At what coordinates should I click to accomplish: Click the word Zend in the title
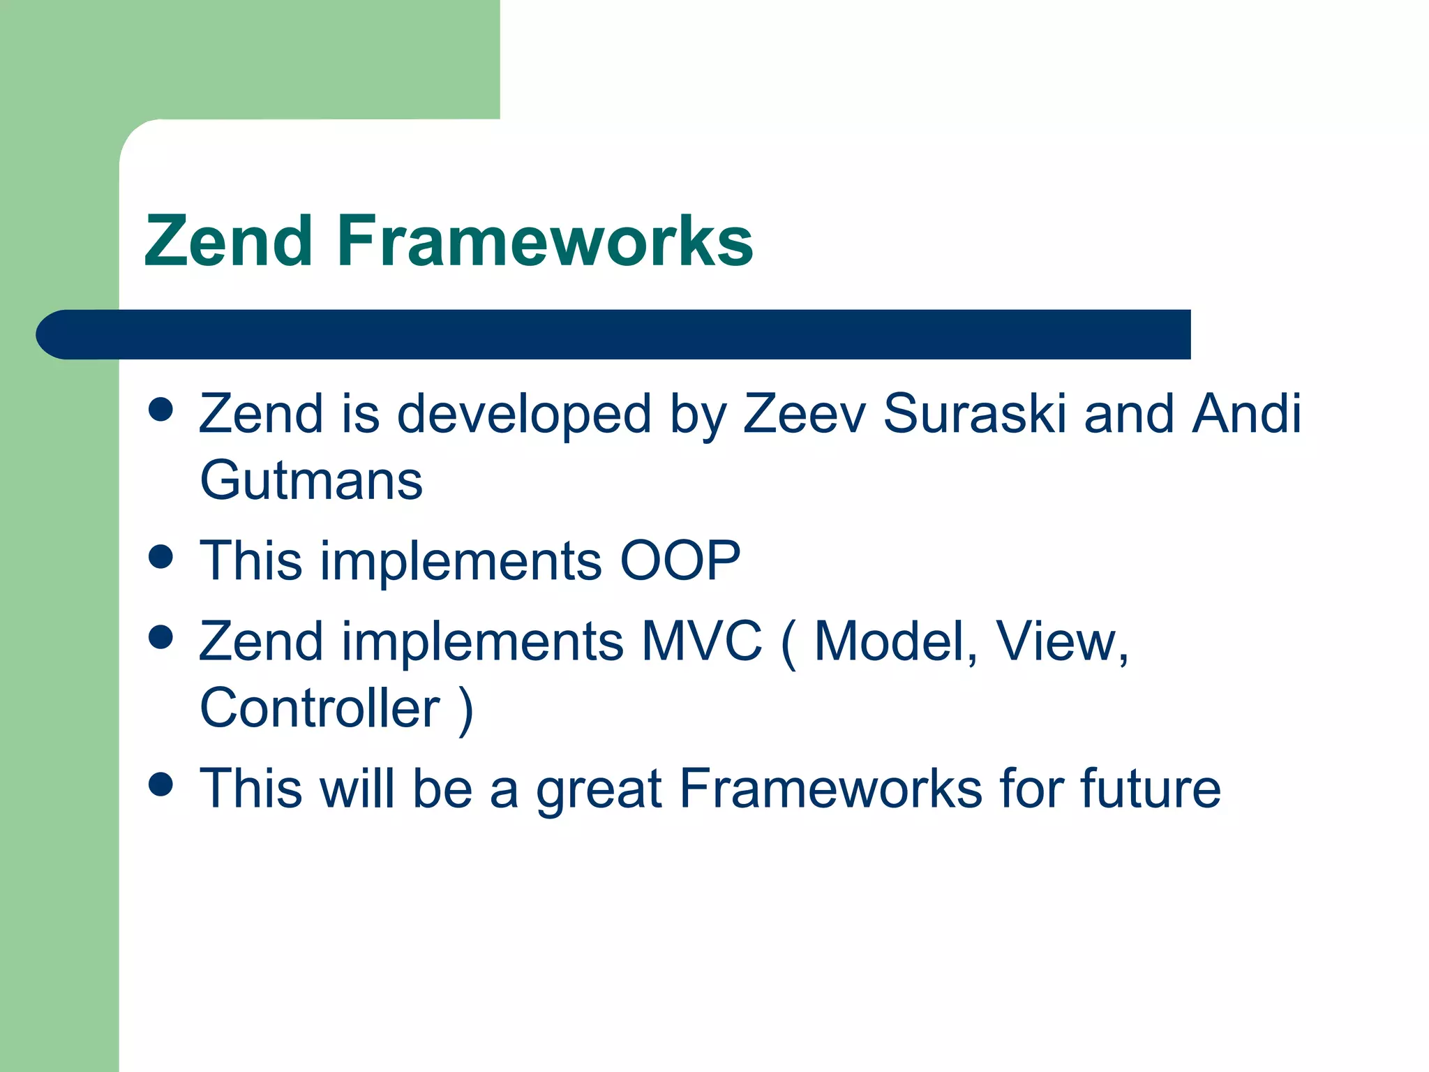tap(228, 241)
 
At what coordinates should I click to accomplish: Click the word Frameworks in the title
tap(544, 241)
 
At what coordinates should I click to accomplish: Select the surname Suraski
tap(974, 413)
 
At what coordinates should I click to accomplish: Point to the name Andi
tap(1246, 413)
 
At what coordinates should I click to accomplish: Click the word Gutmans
tap(311, 481)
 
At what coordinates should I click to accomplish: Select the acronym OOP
tap(680, 560)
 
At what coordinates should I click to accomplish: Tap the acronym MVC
tap(701, 641)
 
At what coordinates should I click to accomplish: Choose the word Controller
tap(320, 708)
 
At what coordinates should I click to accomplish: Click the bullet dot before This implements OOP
tap(161, 557)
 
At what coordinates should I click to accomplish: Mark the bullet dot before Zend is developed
tap(161, 410)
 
